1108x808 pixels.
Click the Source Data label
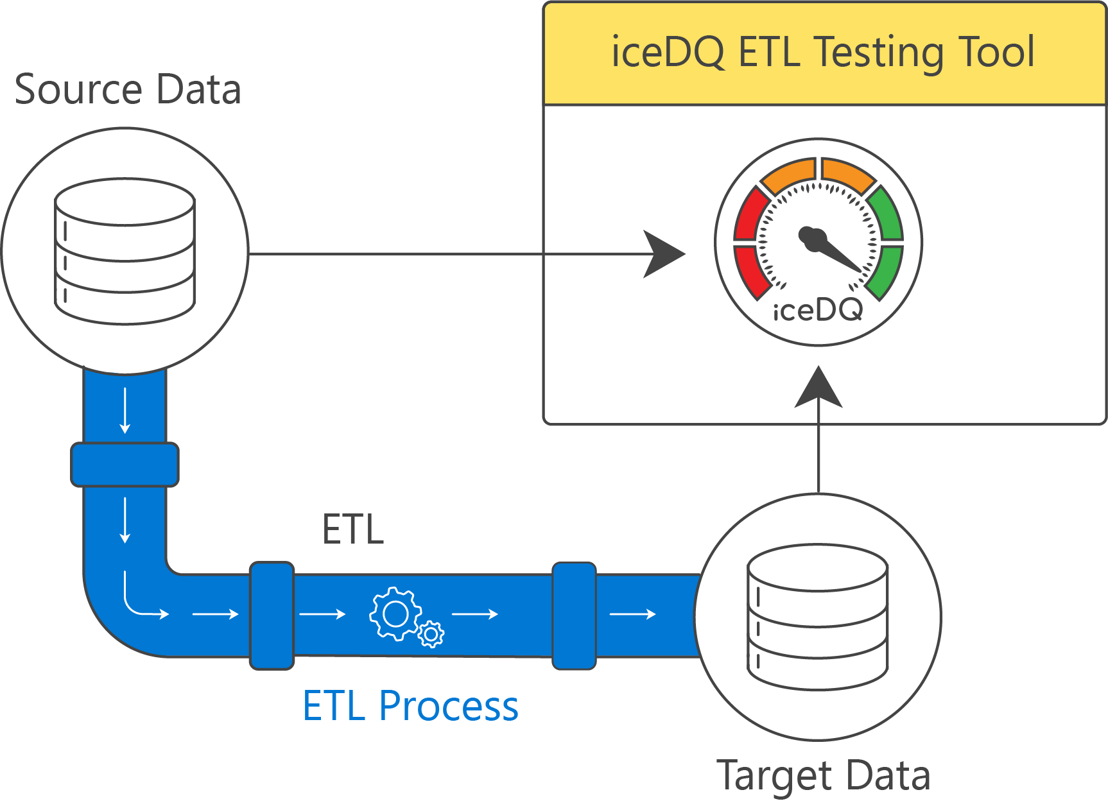pos(128,89)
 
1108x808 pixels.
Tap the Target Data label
pos(823,775)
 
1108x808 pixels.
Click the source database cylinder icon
pos(125,251)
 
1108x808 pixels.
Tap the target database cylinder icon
pos(818,617)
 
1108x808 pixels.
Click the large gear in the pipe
pos(395,614)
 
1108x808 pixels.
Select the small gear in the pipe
pos(431,634)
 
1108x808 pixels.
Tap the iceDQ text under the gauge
pos(818,311)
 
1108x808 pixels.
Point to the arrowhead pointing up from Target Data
pos(818,388)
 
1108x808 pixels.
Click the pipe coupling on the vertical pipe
pos(125,464)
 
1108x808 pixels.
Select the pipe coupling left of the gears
pos(272,615)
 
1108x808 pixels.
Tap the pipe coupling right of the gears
pos(574,615)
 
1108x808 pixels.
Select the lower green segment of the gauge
pos(886,271)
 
